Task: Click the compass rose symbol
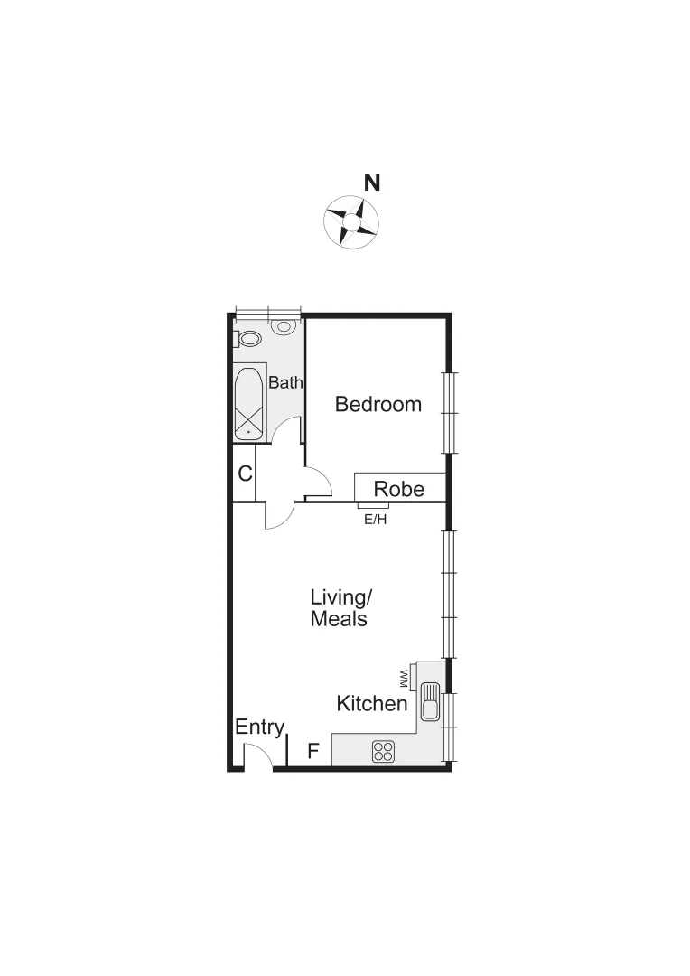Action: pyautogui.click(x=351, y=221)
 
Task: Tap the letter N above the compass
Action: pyautogui.click(x=371, y=183)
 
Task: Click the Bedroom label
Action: pyautogui.click(x=378, y=404)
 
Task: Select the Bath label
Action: pyautogui.click(x=285, y=382)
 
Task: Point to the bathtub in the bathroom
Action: pyautogui.click(x=249, y=403)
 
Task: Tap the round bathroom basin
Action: pyautogui.click(x=285, y=326)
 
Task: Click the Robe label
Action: pyautogui.click(x=399, y=489)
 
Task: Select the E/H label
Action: pyautogui.click(x=375, y=519)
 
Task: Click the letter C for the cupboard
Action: pyautogui.click(x=245, y=473)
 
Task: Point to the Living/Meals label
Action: pyautogui.click(x=340, y=608)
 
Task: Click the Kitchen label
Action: pyautogui.click(x=371, y=703)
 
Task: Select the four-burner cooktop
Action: pyautogui.click(x=384, y=750)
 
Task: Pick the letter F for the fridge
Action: pyautogui.click(x=313, y=750)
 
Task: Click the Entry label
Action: pyautogui.click(x=260, y=727)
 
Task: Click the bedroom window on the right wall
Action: pyautogui.click(x=448, y=412)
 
